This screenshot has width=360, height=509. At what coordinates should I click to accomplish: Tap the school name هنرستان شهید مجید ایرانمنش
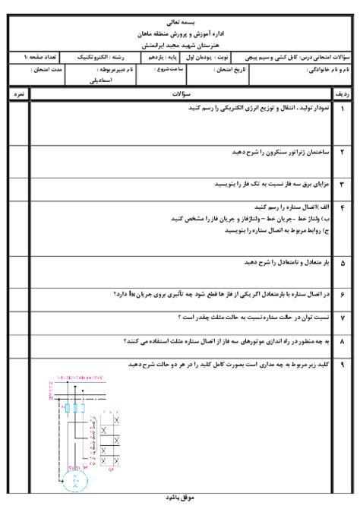coord(179,46)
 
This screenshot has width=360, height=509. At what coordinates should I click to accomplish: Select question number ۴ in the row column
coord(343,207)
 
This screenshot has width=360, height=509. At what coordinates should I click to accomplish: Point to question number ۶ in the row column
coord(343,292)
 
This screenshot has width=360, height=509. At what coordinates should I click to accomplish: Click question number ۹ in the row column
coord(343,365)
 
